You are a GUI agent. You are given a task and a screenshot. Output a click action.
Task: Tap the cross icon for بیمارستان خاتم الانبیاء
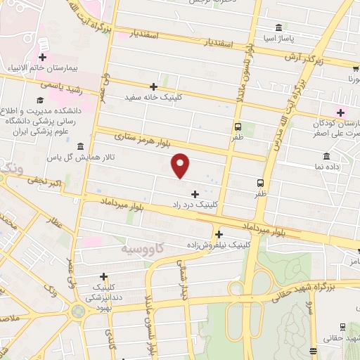(x=43, y=57)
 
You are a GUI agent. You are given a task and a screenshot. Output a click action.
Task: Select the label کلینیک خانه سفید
(x=153, y=98)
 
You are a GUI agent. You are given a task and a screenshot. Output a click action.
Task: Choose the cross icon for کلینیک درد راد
(x=195, y=193)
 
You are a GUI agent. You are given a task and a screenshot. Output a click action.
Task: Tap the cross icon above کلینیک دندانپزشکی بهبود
(x=104, y=277)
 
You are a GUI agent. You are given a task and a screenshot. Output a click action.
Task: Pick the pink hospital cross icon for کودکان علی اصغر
(x=342, y=112)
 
